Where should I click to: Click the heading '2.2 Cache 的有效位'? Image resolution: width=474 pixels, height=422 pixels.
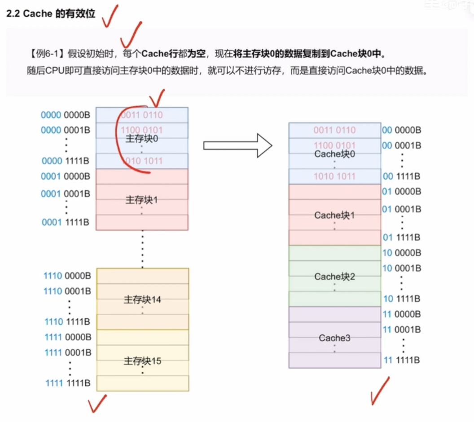point(51,14)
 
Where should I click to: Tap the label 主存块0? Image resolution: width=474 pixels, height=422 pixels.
point(141,139)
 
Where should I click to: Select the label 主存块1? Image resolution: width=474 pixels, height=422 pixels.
point(141,200)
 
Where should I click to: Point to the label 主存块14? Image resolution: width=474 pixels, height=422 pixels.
point(142,299)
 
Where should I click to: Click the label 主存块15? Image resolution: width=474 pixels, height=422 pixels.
point(142,361)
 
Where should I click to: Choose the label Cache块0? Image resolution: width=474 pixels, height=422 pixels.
point(335,154)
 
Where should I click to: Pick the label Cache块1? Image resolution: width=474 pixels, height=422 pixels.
point(334,215)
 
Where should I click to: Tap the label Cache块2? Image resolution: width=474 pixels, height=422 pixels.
point(335,277)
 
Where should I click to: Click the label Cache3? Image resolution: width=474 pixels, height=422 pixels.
point(334,338)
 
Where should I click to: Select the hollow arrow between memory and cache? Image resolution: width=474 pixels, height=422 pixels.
point(238,145)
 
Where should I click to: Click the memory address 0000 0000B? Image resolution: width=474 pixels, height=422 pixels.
point(66,115)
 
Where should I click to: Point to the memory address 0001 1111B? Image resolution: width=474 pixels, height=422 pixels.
point(66,222)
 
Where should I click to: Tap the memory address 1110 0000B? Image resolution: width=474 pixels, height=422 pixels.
point(67,275)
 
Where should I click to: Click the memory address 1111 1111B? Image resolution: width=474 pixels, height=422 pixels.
point(68,383)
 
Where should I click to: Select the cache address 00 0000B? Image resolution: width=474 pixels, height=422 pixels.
point(401,130)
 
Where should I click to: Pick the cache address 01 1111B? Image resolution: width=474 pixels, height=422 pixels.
point(401,237)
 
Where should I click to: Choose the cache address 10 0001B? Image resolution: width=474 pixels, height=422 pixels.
point(401,268)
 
